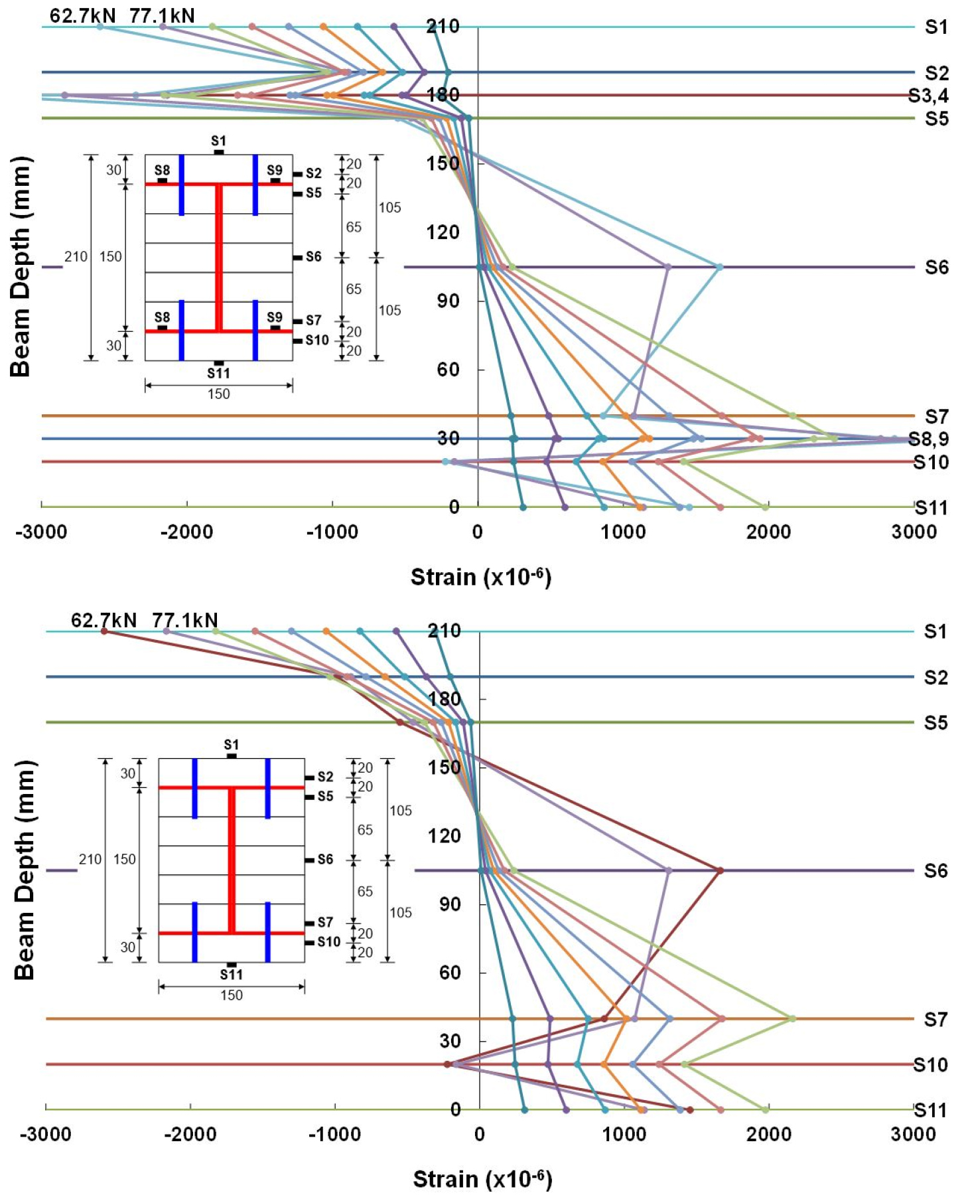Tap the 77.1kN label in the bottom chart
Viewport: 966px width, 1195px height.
(184, 620)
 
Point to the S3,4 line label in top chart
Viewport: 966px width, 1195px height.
(928, 96)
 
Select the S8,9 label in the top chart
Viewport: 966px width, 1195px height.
(928, 439)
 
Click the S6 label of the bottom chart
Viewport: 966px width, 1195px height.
(935, 870)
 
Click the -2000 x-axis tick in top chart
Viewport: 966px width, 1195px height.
(186, 532)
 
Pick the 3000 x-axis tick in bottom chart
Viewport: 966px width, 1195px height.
(913, 1134)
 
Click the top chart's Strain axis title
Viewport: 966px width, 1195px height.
(481, 577)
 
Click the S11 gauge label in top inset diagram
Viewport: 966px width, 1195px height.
(218, 373)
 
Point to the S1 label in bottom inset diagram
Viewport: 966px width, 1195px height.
(231, 745)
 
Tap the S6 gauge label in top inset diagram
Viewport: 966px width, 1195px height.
(313, 257)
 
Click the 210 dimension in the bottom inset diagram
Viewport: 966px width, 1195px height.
(90, 860)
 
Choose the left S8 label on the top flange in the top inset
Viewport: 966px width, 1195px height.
(162, 171)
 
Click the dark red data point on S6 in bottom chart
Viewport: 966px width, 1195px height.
(720, 870)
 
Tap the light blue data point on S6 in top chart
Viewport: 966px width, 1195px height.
(720, 267)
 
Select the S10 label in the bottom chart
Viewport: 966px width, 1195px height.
(930, 1065)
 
